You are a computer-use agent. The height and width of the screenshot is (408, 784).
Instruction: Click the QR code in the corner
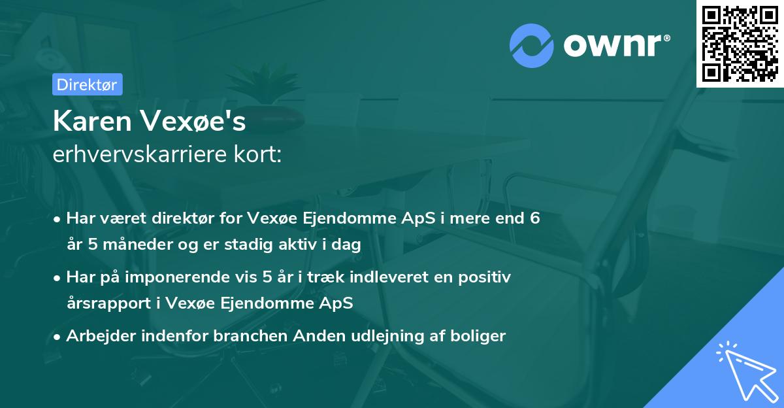(x=740, y=44)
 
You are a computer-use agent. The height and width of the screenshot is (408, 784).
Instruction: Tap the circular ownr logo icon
(x=531, y=46)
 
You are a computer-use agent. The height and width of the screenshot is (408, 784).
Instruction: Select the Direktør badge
(x=87, y=84)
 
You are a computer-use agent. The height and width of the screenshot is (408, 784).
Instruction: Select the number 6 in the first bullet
(x=534, y=218)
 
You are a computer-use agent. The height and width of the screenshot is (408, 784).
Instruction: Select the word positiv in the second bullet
(x=485, y=277)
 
